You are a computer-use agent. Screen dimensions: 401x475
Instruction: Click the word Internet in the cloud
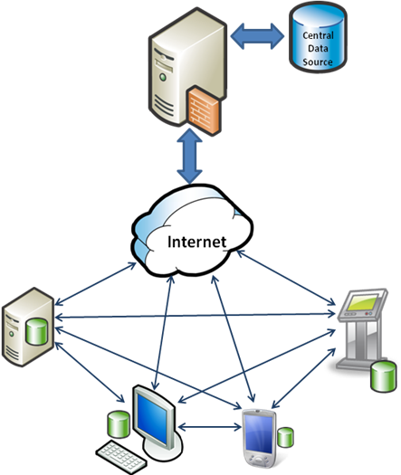pyautogui.click(x=196, y=242)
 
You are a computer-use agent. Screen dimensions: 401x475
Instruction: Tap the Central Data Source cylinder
pyautogui.click(x=318, y=37)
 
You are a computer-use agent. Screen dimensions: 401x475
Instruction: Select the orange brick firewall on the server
pyautogui.click(x=204, y=110)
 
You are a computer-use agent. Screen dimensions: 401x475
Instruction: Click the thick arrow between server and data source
pyautogui.click(x=257, y=36)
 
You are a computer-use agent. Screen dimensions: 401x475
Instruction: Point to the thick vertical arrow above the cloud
pyautogui.click(x=190, y=157)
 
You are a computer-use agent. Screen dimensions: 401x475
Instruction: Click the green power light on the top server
pyautogui.click(x=163, y=77)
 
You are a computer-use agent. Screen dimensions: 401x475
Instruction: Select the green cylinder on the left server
pyautogui.click(x=37, y=331)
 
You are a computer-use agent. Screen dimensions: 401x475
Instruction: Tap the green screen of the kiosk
pyautogui.click(x=363, y=302)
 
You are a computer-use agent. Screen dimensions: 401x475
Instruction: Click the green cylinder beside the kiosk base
pyautogui.click(x=384, y=376)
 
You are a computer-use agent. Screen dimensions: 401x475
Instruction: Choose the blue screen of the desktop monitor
pyautogui.click(x=152, y=419)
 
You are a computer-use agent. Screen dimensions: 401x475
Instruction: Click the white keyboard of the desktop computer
pyautogui.click(x=121, y=458)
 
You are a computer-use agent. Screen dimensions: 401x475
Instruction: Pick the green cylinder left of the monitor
pyautogui.click(x=119, y=424)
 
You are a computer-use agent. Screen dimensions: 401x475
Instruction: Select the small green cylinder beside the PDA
pyautogui.click(x=285, y=437)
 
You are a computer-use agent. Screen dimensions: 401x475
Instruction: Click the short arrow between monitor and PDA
pyautogui.click(x=210, y=427)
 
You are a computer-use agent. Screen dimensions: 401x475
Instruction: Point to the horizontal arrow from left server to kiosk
pyautogui.click(x=195, y=316)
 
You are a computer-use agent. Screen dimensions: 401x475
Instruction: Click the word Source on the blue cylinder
pyautogui.click(x=318, y=62)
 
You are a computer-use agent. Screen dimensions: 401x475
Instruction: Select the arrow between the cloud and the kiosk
pyautogui.click(x=285, y=278)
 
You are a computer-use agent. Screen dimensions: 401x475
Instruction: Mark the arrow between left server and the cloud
pyautogui.click(x=95, y=284)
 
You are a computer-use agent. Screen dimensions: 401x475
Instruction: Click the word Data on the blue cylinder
pyautogui.click(x=318, y=49)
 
